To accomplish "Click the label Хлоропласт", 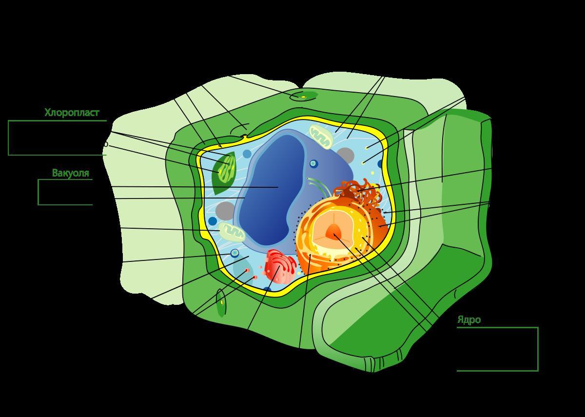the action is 72,113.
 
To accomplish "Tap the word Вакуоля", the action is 71,173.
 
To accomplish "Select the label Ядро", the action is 468,320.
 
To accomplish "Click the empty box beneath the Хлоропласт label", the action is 57,138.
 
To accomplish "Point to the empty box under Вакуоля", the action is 65,192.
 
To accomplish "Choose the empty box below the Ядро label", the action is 497,349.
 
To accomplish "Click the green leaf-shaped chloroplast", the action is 224,170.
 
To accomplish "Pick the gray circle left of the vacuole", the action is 225,211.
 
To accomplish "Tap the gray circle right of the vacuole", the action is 345,155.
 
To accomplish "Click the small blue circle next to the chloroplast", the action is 247,154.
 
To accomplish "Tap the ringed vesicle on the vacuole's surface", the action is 313,164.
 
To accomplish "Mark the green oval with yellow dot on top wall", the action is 303,96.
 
